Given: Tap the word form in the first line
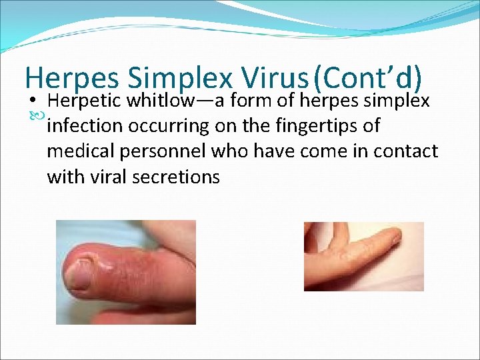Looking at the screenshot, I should (251, 101).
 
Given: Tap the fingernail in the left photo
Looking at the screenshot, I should (79, 274).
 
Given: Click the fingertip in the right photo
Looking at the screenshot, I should (397, 235).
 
